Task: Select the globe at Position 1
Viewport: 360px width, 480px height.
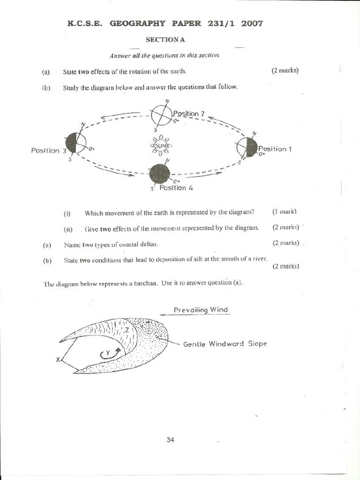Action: click(x=247, y=147)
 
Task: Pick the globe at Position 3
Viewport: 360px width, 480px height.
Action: click(x=76, y=142)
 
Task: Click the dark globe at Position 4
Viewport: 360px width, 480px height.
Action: click(x=160, y=174)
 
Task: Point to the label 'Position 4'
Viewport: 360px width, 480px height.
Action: click(x=176, y=188)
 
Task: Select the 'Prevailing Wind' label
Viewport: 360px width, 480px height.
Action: click(x=201, y=310)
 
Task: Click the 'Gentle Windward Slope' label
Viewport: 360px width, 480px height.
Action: click(x=225, y=344)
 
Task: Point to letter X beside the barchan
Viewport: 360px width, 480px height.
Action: click(x=58, y=360)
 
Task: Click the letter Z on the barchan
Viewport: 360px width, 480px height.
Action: click(x=127, y=330)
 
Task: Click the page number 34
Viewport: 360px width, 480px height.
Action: click(x=170, y=440)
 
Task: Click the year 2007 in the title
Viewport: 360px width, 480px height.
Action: click(x=252, y=22)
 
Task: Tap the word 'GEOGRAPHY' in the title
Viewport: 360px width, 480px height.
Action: click(x=138, y=22)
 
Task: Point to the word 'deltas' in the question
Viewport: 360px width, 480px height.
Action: click(x=149, y=245)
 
